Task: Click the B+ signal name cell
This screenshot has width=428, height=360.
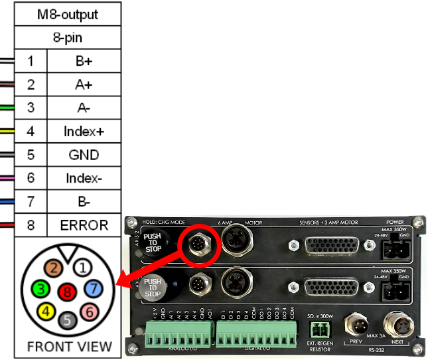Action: (84, 62)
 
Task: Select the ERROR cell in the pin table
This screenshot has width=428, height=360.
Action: (84, 225)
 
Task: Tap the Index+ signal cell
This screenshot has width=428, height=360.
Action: (84, 132)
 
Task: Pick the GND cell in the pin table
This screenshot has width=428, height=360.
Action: (84, 155)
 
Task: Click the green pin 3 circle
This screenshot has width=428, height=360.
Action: (41, 289)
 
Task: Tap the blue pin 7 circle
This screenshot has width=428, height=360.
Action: (92, 288)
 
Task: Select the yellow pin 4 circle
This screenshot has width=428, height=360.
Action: (45, 310)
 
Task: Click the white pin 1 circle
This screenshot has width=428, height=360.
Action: (82, 268)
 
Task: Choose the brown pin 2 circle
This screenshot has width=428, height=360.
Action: (54, 269)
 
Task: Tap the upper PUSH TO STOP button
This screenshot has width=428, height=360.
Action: (153, 244)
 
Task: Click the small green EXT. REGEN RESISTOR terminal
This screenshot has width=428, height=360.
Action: (321, 329)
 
